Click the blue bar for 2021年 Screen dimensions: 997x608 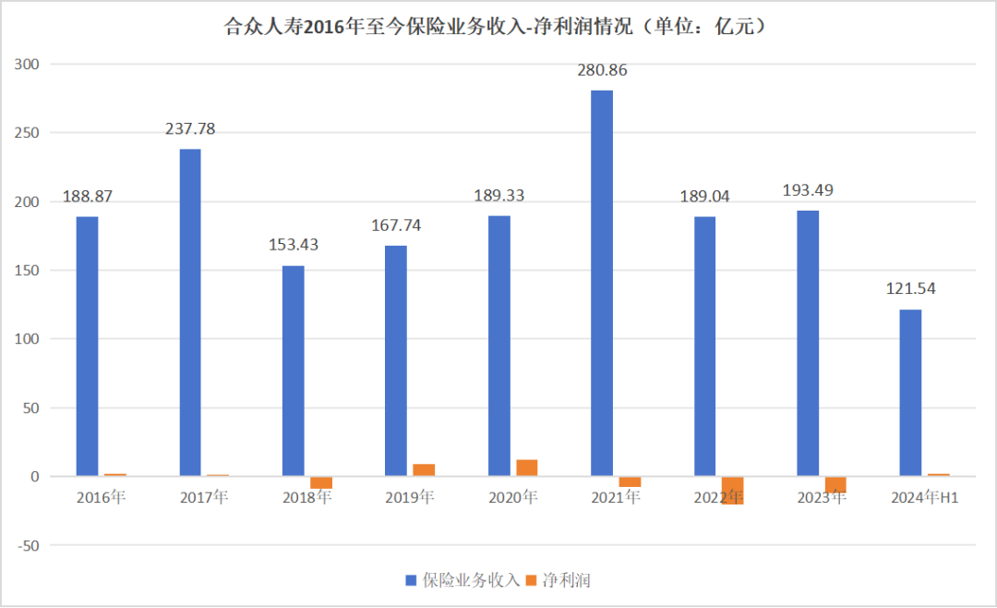point(602,284)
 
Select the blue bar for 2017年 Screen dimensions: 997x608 point(190,312)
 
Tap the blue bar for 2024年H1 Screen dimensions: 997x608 point(910,393)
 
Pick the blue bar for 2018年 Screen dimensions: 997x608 point(294,371)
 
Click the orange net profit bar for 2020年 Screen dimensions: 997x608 point(527,468)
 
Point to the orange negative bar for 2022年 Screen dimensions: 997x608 point(732,491)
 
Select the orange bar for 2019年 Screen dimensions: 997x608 point(424,469)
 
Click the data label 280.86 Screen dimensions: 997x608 point(602,70)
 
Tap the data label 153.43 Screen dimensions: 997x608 point(294,245)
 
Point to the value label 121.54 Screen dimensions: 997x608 point(910,288)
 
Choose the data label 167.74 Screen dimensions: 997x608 point(396,225)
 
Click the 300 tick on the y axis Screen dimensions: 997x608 point(27,65)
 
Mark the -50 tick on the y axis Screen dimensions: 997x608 point(28,545)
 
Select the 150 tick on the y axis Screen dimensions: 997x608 point(27,271)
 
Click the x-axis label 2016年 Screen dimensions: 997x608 point(102,497)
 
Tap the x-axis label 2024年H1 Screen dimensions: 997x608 point(924,497)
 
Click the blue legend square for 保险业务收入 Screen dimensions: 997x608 point(411,580)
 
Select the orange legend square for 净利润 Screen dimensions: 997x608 point(531,580)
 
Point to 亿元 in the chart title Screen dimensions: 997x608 point(734,26)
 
